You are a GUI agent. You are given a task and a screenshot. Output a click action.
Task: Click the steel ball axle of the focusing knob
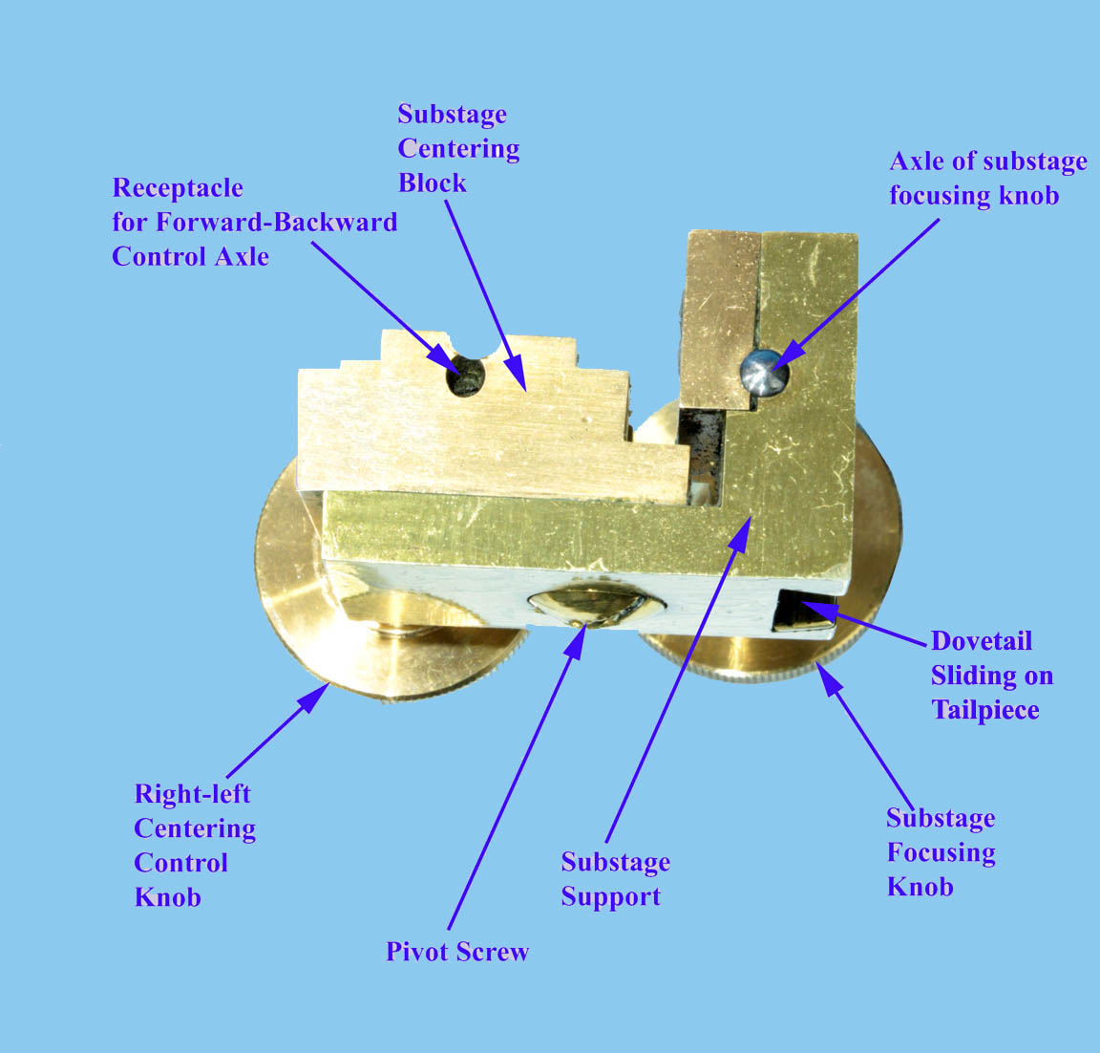click(x=766, y=372)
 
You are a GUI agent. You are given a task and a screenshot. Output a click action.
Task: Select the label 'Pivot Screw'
click(x=457, y=952)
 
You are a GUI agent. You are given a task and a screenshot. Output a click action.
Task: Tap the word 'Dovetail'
click(x=981, y=641)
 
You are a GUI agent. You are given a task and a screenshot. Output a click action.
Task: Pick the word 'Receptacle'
click(x=178, y=187)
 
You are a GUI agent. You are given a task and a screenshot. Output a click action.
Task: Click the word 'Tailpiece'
click(x=984, y=710)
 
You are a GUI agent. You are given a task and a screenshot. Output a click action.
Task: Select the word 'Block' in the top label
click(x=432, y=183)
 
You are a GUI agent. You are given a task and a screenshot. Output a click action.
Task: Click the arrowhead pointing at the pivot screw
click(x=575, y=642)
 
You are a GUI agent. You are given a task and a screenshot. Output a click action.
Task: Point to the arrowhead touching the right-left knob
click(x=313, y=697)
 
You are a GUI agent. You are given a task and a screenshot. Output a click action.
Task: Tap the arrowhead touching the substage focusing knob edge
click(x=826, y=676)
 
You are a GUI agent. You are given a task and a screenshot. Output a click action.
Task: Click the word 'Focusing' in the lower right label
click(x=941, y=852)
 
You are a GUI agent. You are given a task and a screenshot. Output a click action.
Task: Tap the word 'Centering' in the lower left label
click(x=195, y=828)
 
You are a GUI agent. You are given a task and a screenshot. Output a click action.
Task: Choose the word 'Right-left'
click(x=192, y=794)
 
